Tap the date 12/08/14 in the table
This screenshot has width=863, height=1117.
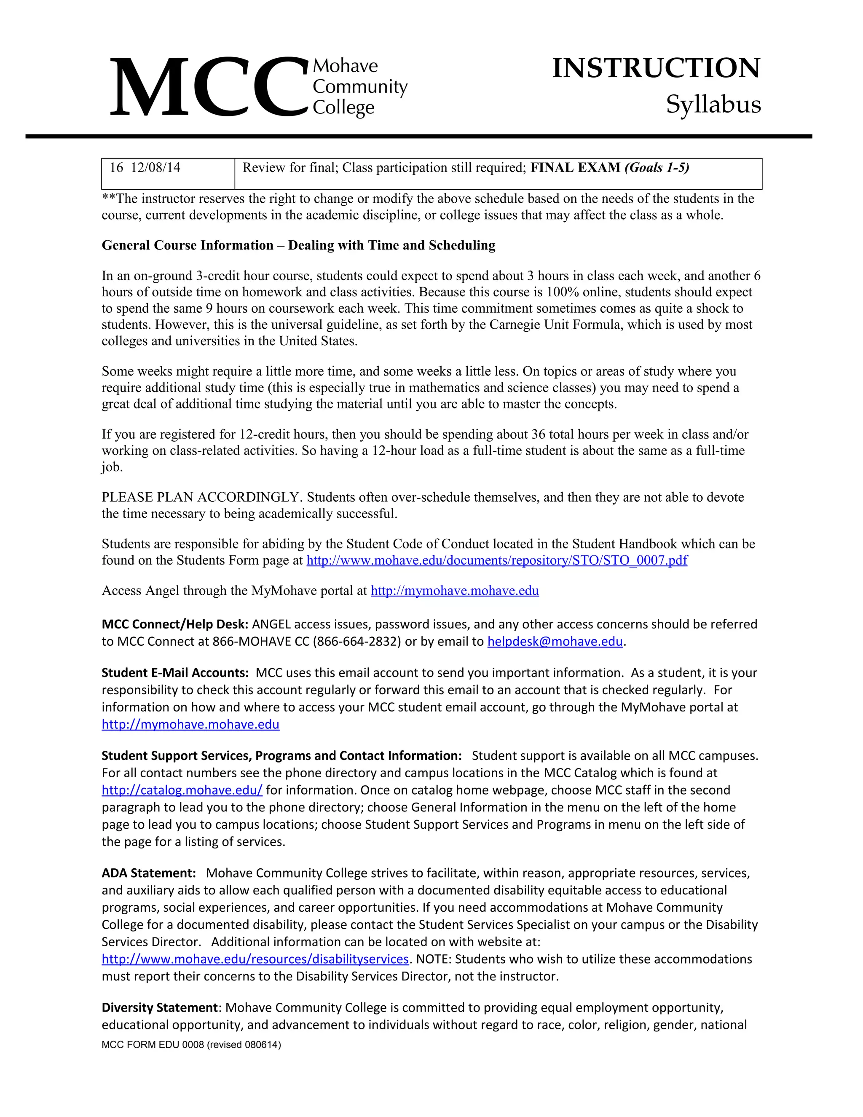coord(155,168)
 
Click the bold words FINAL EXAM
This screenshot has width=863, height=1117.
coord(575,168)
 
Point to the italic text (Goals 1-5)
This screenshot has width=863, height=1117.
coord(657,168)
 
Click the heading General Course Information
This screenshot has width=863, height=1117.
coord(187,245)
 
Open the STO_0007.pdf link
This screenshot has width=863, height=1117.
coord(496,561)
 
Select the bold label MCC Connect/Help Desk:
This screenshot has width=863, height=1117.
coord(175,625)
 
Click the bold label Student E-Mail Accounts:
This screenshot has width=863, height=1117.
coord(175,673)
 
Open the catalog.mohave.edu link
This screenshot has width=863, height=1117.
coord(182,790)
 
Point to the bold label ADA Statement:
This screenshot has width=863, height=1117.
coord(149,873)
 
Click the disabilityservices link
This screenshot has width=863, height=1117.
coord(255,959)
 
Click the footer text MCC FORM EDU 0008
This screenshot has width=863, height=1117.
coord(153,1045)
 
